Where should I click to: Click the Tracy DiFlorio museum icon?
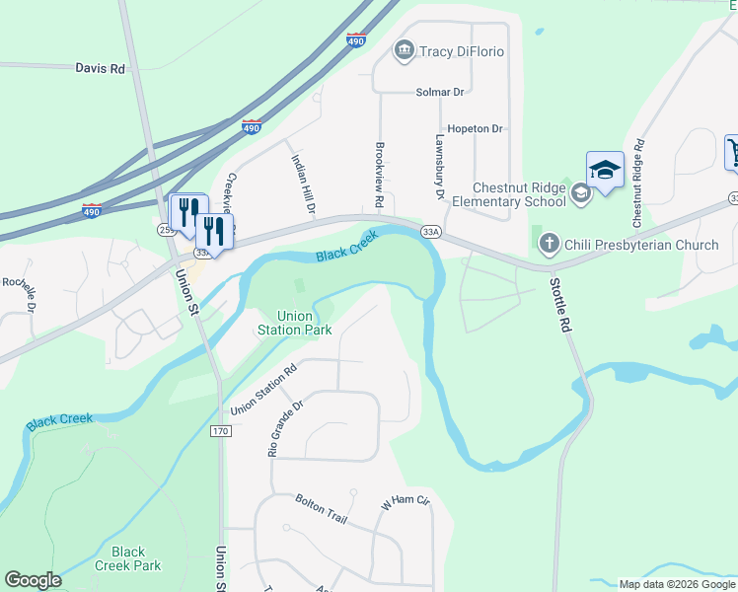pyautogui.click(x=403, y=50)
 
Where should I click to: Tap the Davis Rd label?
pyautogui.click(x=101, y=69)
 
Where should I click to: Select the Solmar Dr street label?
pyautogui.click(x=440, y=92)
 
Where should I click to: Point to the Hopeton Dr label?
pyautogui.click(x=475, y=129)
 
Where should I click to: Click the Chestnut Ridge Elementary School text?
pyautogui.click(x=519, y=194)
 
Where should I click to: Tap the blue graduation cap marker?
pyautogui.click(x=605, y=170)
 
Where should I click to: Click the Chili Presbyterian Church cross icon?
pyautogui.click(x=549, y=243)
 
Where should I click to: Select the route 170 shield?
pyautogui.click(x=220, y=431)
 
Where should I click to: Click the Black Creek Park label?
pyautogui.click(x=128, y=558)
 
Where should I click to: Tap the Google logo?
pyautogui.click(x=33, y=580)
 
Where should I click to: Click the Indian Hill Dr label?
pyautogui.click(x=302, y=183)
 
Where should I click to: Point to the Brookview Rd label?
pyautogui.click(x=379, y=175)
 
